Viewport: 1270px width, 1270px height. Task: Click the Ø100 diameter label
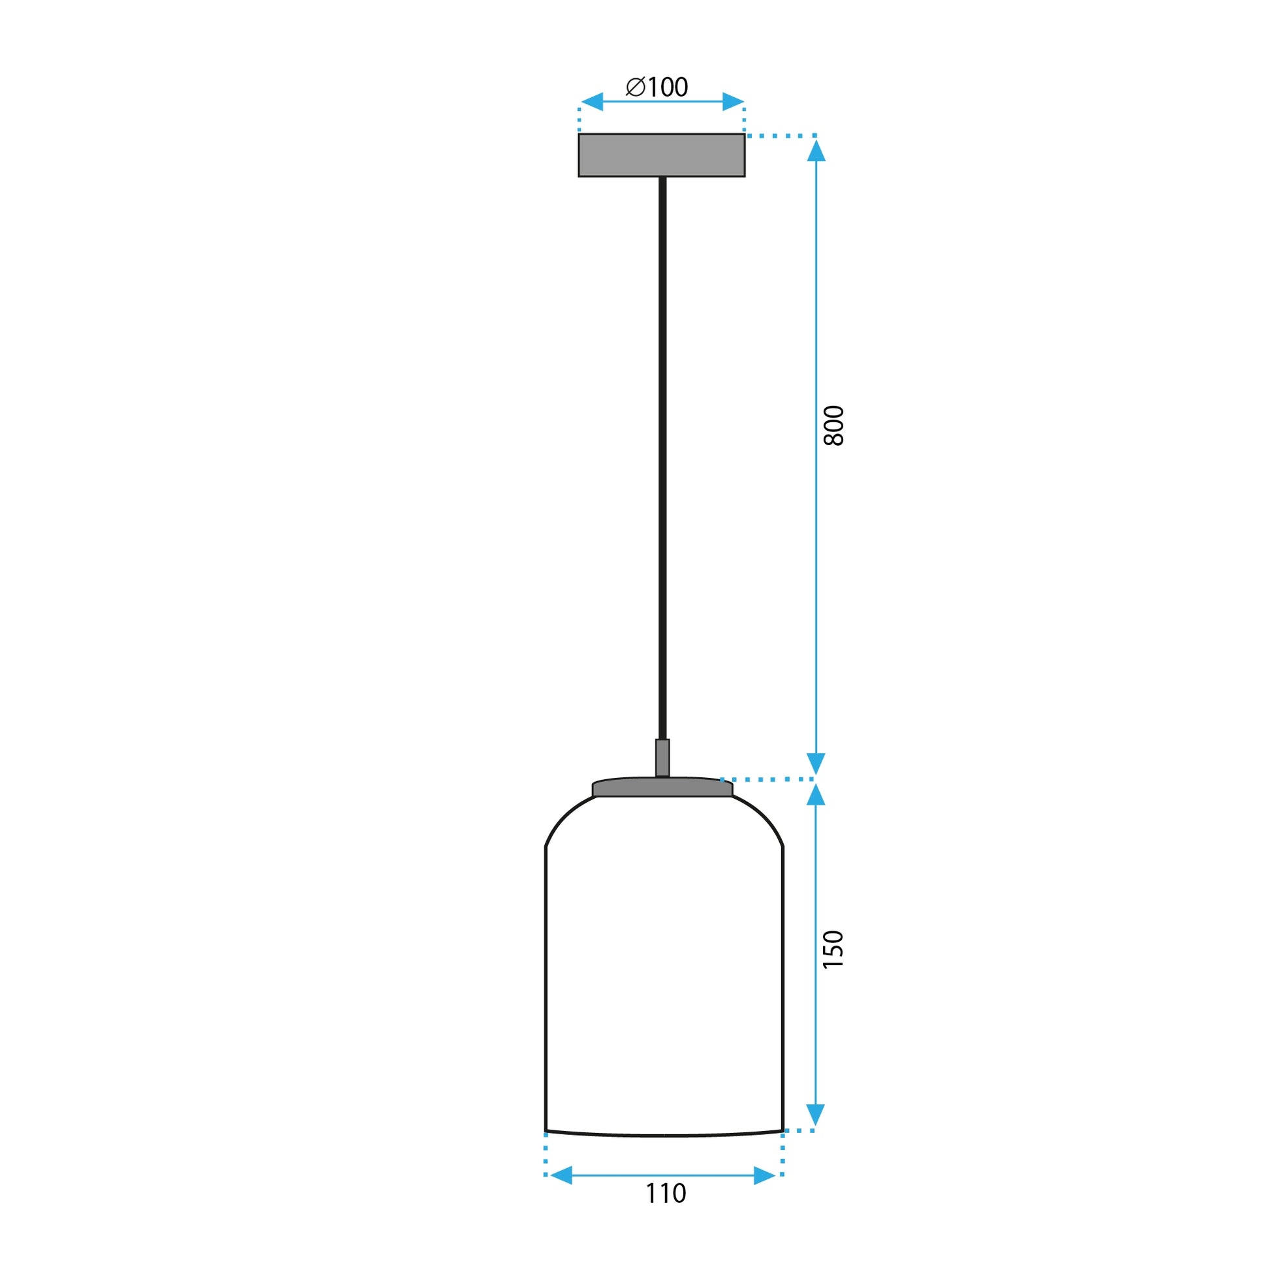point(657,87)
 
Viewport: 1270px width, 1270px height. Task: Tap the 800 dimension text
point(833,426)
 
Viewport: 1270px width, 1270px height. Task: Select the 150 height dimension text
point(833,948)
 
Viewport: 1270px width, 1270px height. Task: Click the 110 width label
point(665,1193)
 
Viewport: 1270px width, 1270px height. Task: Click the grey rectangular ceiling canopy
point(661,155)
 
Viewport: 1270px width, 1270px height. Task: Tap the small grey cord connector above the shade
point(662,757)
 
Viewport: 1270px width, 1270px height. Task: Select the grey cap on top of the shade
point(662,788)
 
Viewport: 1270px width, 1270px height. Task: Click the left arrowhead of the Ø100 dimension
point(592,102)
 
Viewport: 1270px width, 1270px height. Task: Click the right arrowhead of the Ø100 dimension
point(733,102)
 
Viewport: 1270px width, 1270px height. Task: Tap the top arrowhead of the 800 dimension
point(816,151)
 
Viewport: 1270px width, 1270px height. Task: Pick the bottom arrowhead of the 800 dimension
point(816,764)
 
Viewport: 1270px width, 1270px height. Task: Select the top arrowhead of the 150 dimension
point(816,795)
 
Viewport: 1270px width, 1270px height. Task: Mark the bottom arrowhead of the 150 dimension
point(816,1115)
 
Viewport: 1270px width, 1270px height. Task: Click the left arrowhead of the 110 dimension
point(561,1175)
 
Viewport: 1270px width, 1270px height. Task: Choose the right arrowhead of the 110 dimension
point(765,1175)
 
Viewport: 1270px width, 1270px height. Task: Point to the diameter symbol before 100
point(636,87)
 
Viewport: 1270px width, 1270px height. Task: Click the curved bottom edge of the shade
point(664,1136)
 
